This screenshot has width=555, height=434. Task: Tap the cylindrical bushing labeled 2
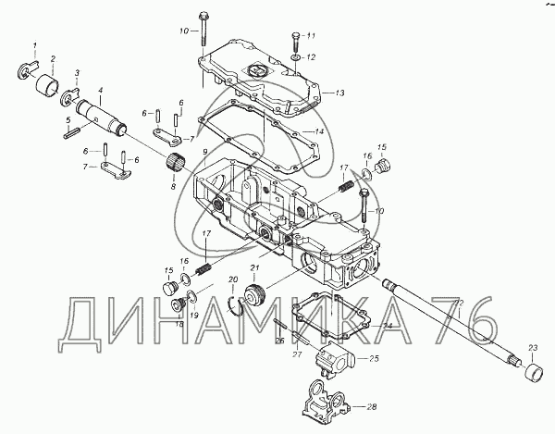45,88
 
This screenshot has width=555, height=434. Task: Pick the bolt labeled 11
295,42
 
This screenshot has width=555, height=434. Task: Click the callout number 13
339,93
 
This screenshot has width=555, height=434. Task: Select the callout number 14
319,132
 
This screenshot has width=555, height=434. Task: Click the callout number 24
388,326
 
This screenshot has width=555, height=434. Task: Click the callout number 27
298,354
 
